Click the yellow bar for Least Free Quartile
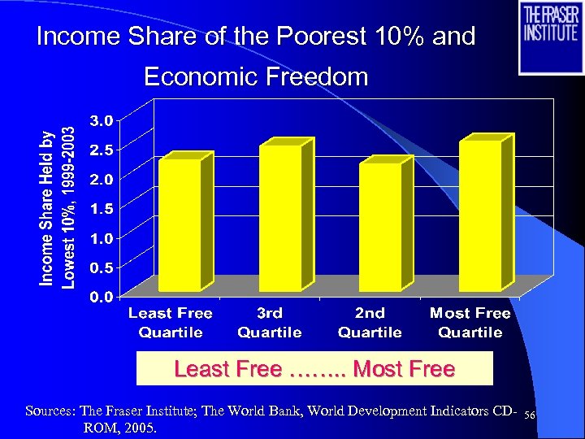click(180, 224)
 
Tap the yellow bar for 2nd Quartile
click(380, 227)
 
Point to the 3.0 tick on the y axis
click(102, 120)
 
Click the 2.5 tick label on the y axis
click(102, 150)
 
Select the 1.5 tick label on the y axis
click(102, 208)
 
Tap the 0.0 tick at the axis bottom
click(102, 297)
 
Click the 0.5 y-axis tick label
click(102, 267)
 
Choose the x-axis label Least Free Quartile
click(170, 322)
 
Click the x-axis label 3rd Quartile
click(270, 322)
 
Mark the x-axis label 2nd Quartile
click(370, 322)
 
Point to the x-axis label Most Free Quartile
click(470, 322)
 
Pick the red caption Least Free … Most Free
click(314, 369)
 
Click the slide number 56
click(530, 415)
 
